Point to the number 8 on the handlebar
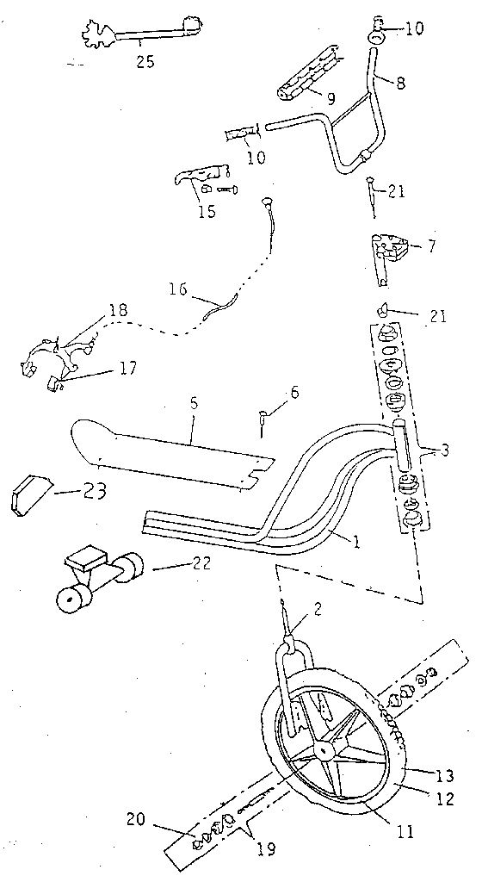tap(399, 84)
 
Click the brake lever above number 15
tap(201, 175)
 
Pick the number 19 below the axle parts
tap(266, 849)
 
